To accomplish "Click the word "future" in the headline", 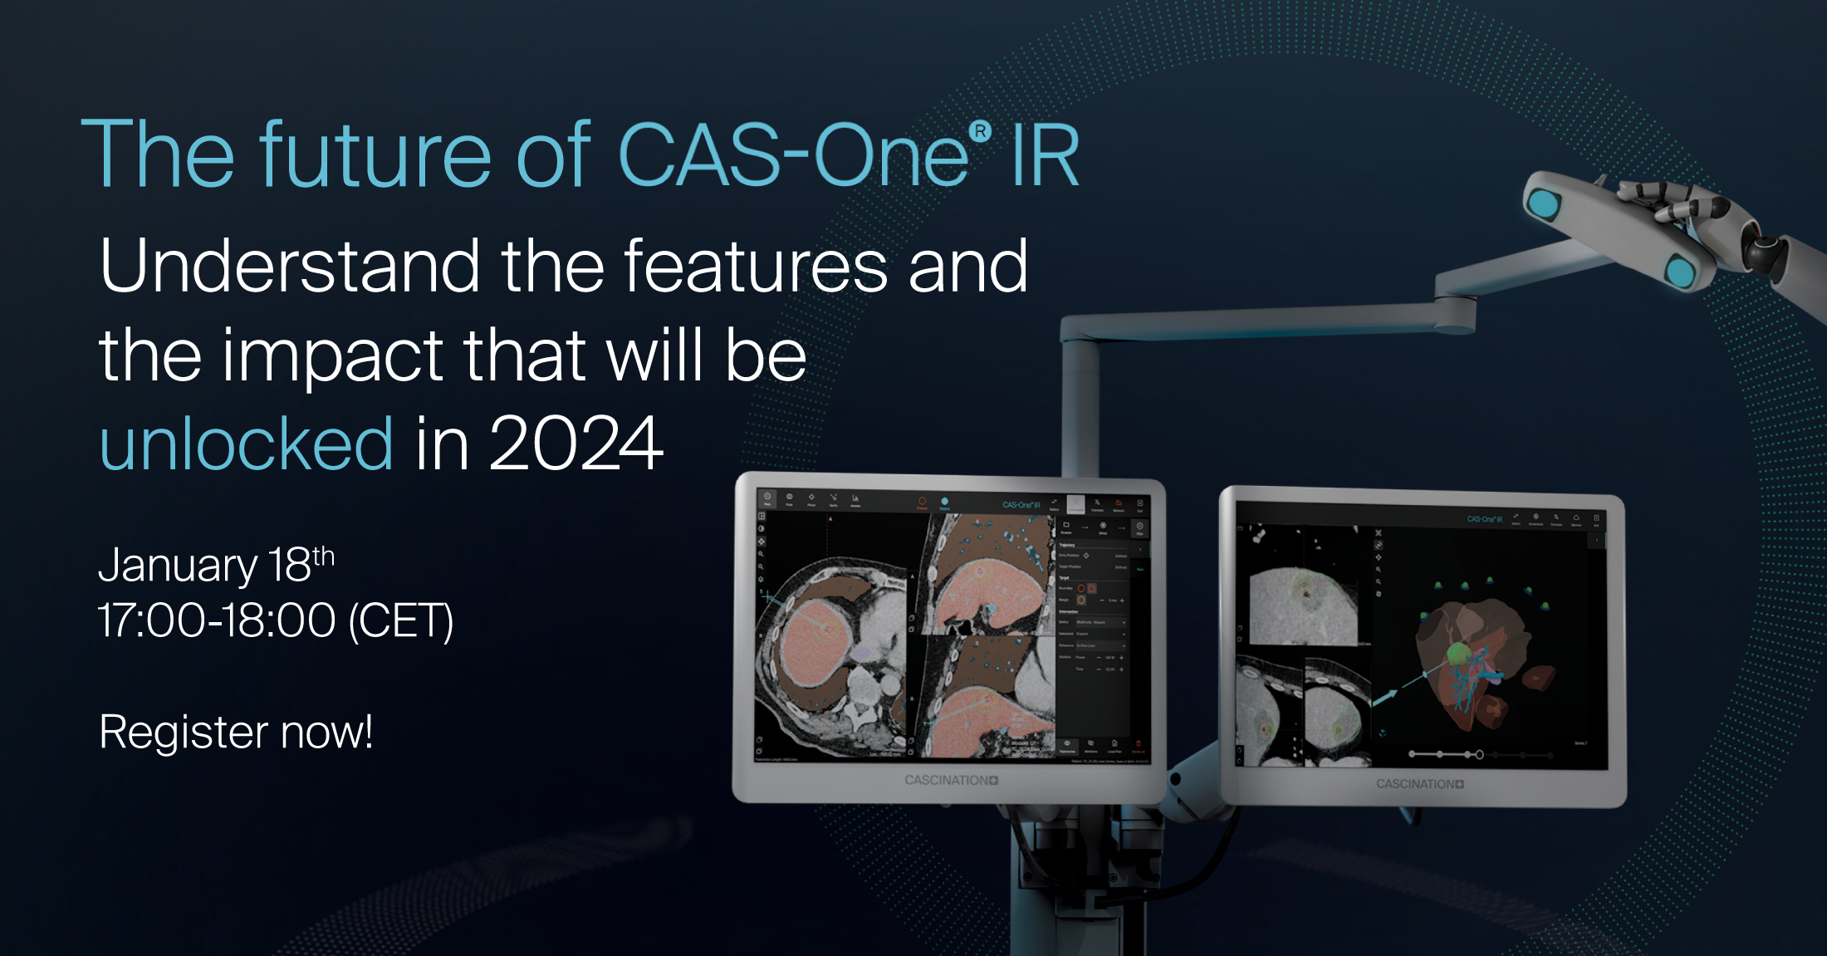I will [375, 154].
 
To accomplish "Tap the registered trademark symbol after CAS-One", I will [980, 131].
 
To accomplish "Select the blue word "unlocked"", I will [246, 444].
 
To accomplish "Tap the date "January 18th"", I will [216, 565].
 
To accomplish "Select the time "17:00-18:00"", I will [216, 620].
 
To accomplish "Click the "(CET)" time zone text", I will [401, 620].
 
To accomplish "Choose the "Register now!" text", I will [236, 732].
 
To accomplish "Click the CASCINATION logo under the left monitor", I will [951, 780].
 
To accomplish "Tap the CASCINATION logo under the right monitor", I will [1419, 783].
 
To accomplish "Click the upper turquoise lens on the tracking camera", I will [1545, 203].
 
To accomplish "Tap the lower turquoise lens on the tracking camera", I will [1680, 272].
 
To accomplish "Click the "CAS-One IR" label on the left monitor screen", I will [1021, 505].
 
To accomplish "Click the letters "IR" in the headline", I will [1045, 154].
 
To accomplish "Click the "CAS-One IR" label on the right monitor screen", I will [1484, 519].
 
